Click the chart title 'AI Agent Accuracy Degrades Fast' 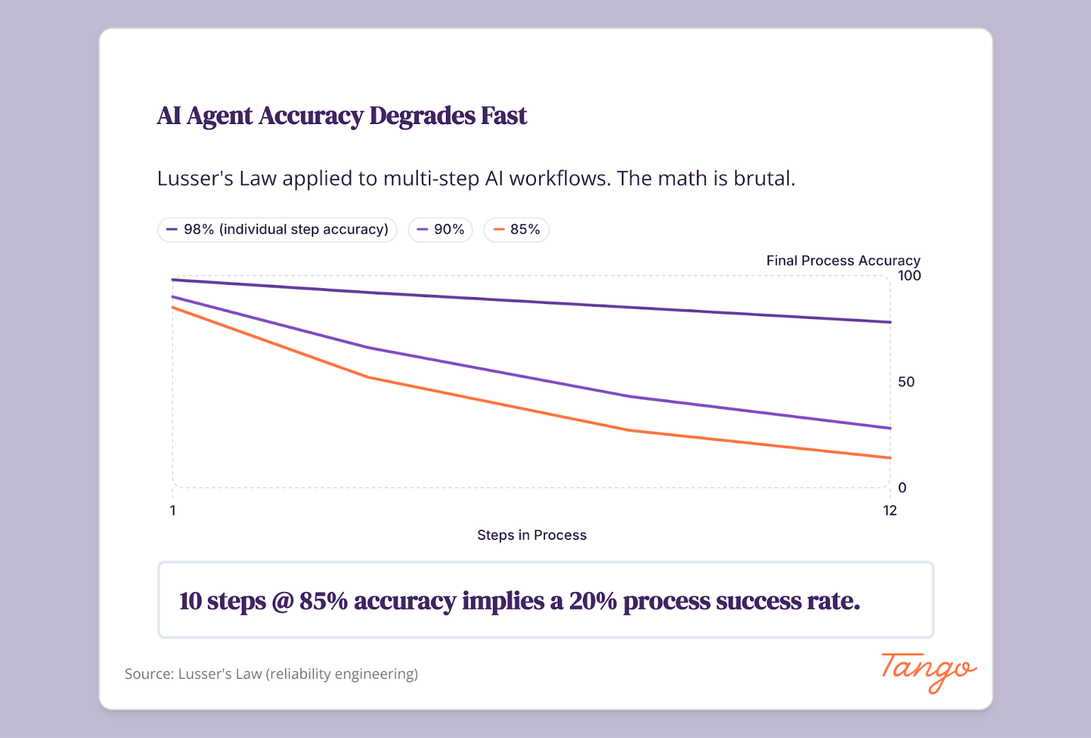click(x=342, y=116)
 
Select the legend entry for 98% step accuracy click(x=278, y=230)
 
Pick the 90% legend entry click(x=440, y=230)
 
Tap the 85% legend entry click(x=516, y=230)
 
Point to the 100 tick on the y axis click(x=909, y=276)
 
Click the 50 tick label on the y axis click(x=906, y=382)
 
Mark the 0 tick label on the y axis click(x=902, y=488)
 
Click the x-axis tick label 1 click(x=173, y=510)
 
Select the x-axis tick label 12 click(x=890, y=510)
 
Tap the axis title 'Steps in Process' click(x=532, y=535)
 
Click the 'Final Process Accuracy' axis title click(x=843, y=260)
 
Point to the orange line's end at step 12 click(x=890, y=458)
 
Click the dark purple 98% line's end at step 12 click(x=890, y=322)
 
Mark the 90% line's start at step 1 click(x=174, y=297)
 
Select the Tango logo click(x=928, y=672)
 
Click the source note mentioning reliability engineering click(x=271, y=674)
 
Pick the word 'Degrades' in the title click(x=422, y=116)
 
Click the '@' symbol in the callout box click(x=282, y=602)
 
